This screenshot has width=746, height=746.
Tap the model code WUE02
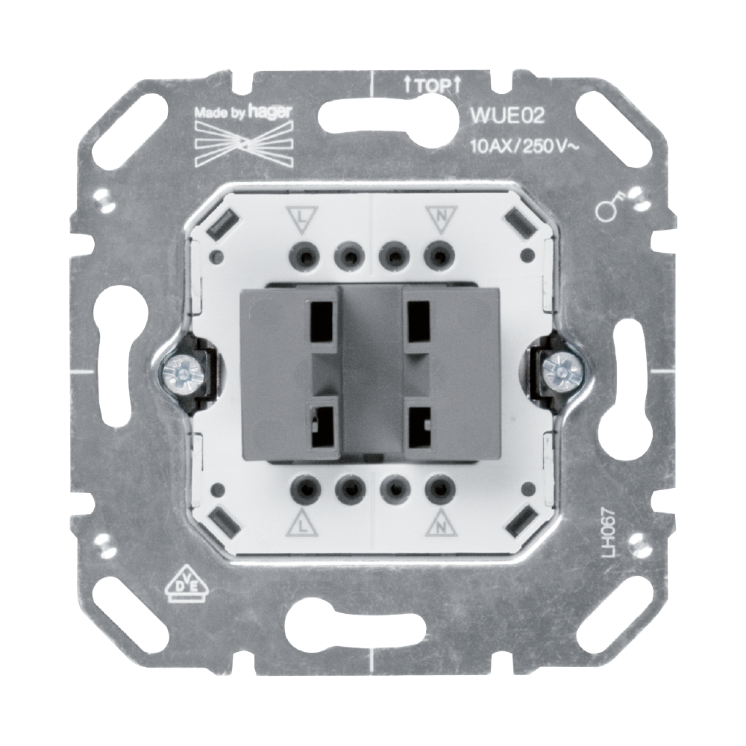pyautogui.click(x=507, y=116)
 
